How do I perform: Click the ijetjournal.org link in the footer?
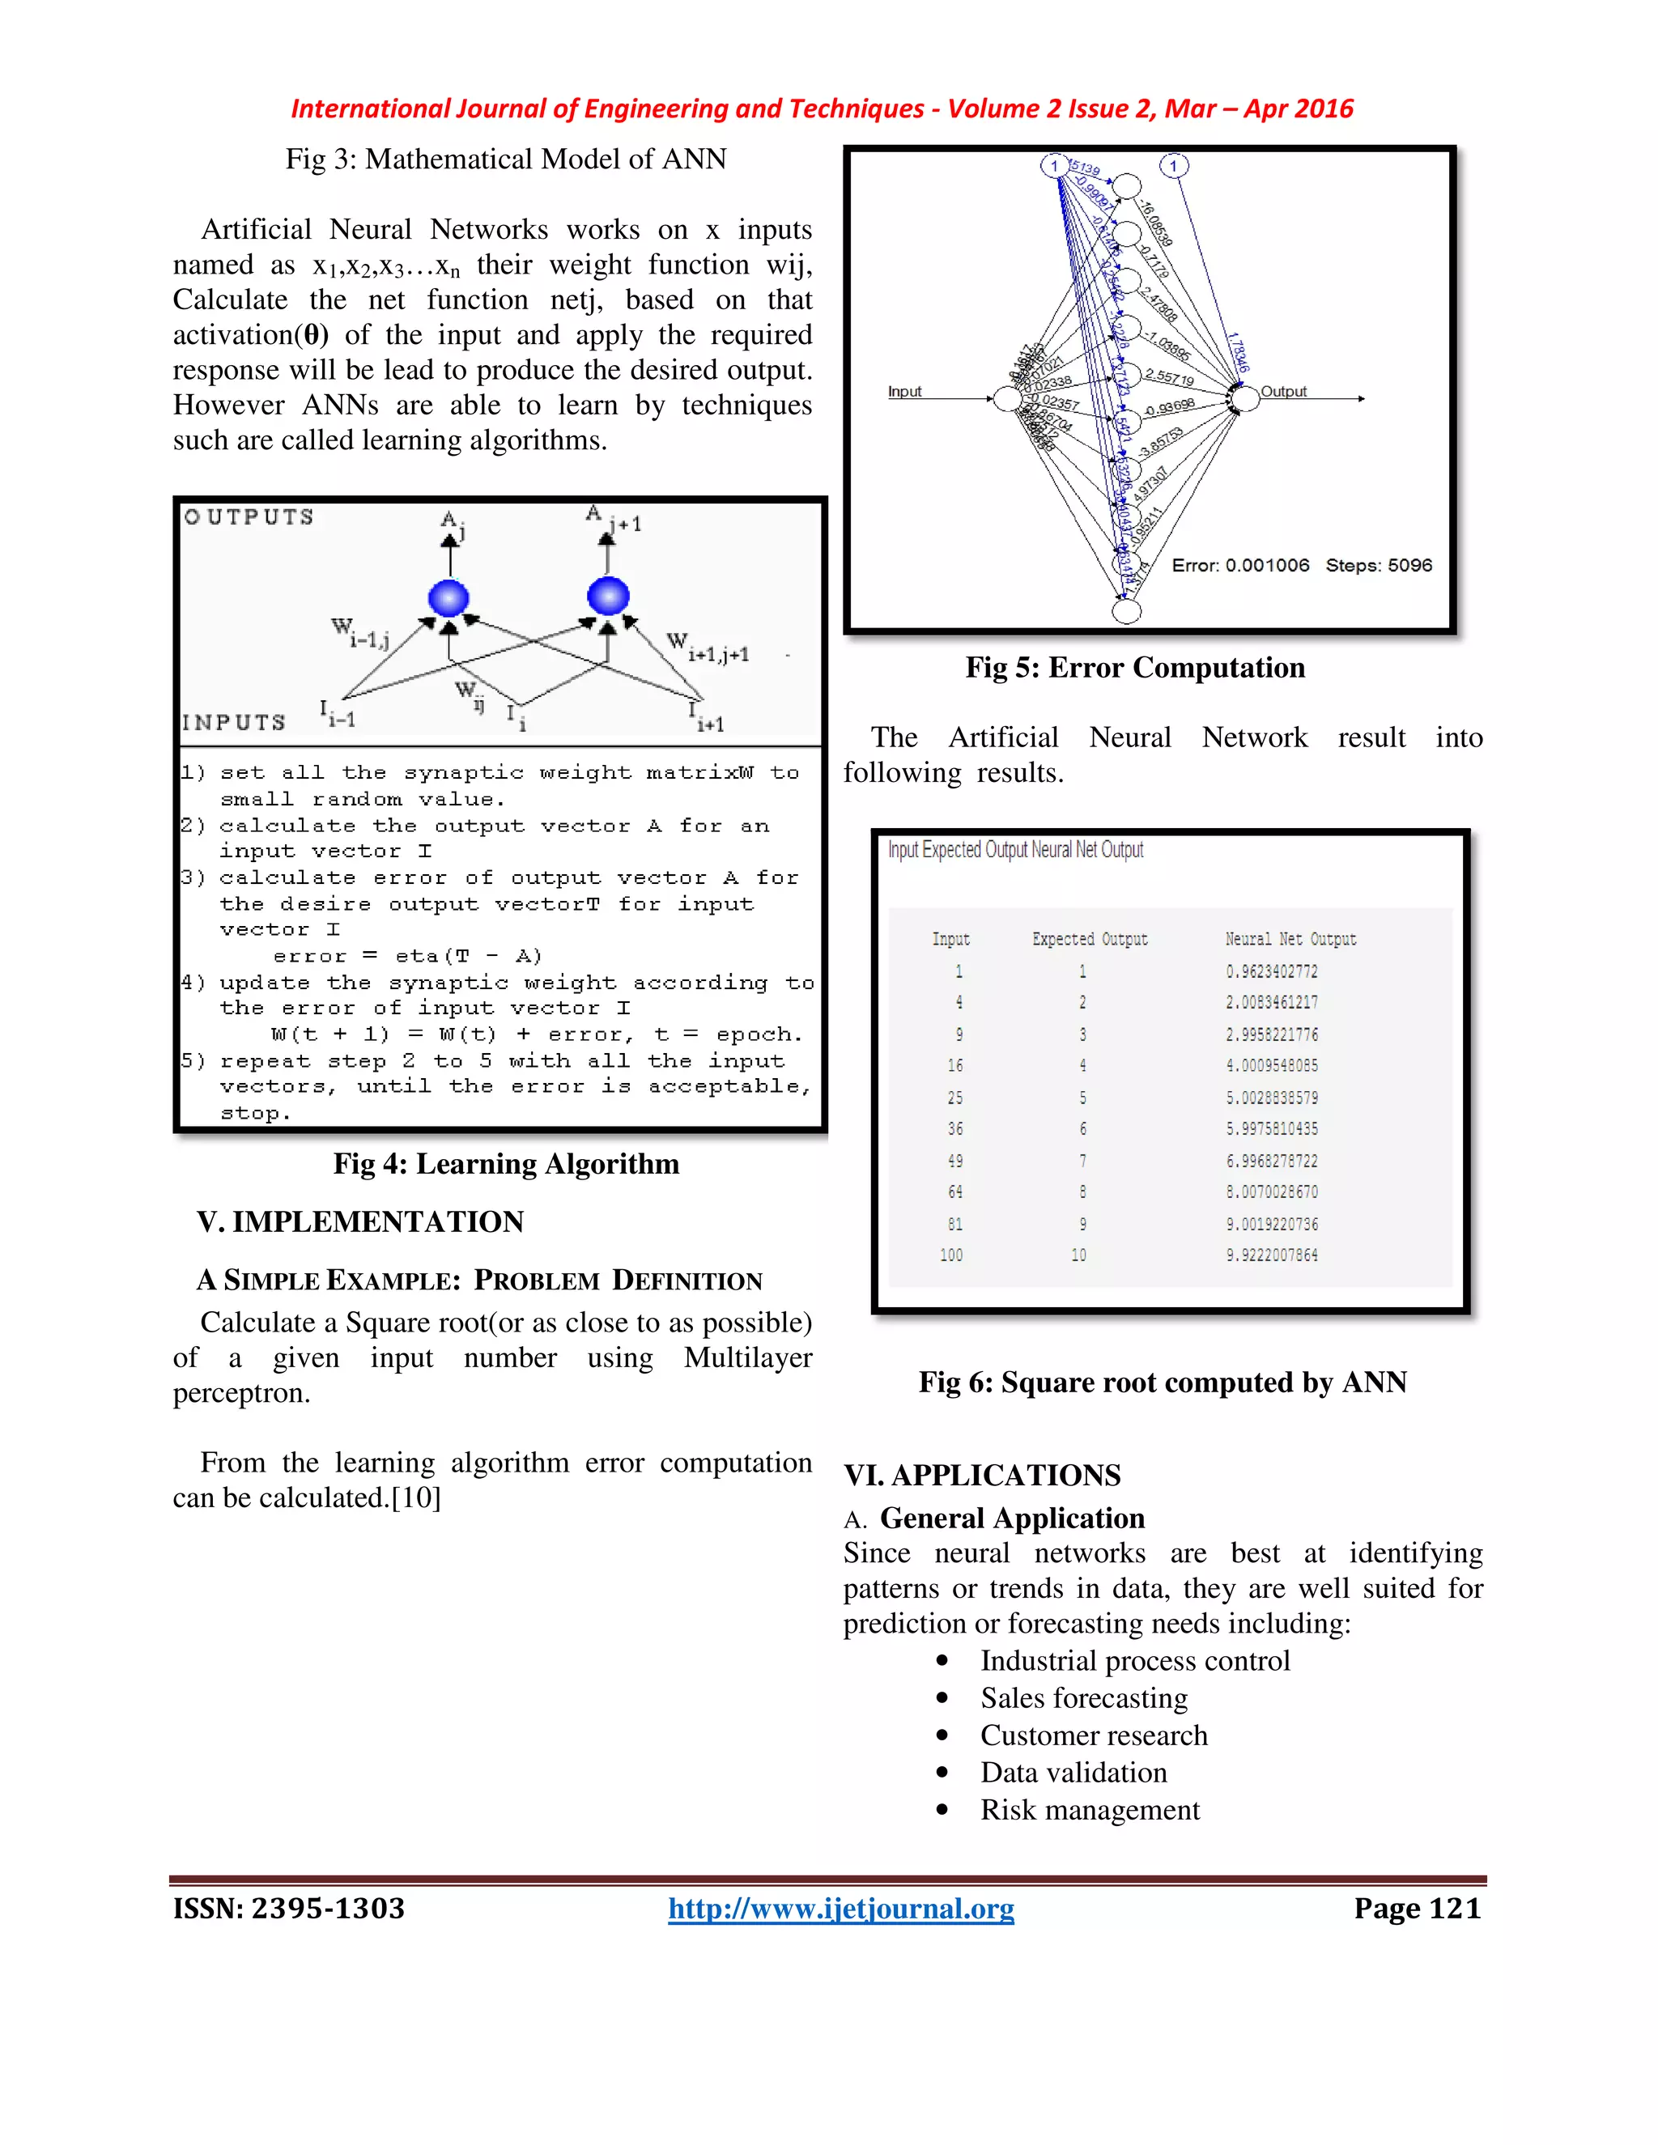point(841,1909)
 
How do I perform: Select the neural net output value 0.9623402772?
point(1271,971)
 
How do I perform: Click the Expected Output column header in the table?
point(1090,939)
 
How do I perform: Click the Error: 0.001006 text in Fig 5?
point(1239,566)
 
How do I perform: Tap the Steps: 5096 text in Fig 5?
point(1378,566)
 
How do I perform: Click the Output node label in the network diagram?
point(1283,391)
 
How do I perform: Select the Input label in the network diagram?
point(904,391)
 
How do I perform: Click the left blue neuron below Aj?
point(449,597)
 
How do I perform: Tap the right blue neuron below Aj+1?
point(608,595)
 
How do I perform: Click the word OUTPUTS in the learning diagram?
point(249,516)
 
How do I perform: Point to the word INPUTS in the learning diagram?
point(234,723)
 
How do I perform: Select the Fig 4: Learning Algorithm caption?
point(506,1164)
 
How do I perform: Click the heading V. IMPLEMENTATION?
point(360,1221)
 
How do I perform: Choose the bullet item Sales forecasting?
point(1083,1698)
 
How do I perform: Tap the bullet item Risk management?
point(1090,1810)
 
